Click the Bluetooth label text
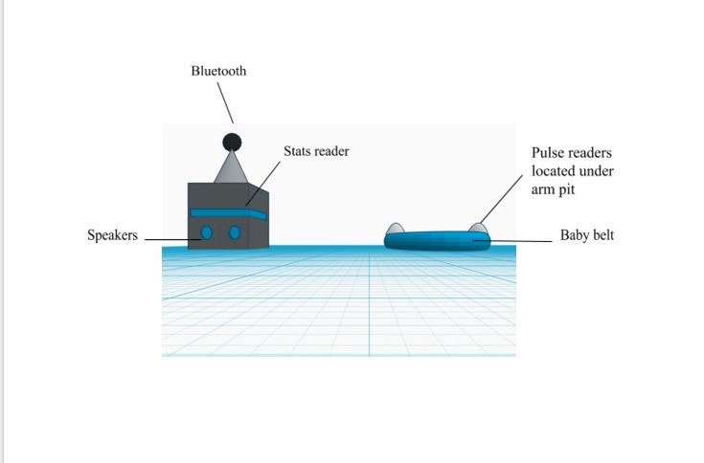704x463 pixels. click(x=218, y=71)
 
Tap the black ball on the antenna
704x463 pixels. click(x=232, y=143)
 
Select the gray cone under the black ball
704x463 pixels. click(x=231, y=167)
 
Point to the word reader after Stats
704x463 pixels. click(x=330, y=151)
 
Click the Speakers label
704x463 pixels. click(x=112, y=235)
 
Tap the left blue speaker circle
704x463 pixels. click(x=206, y=232)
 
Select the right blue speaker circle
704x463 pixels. click(x=235, y=232)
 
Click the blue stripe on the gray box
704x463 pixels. click(x=229, y=213)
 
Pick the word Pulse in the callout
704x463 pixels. click(x=545, y=153)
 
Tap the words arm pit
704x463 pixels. click(x=554, y=189)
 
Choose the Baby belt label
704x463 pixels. click(x=587, y=235)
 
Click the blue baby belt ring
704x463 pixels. click(x=437, y=241)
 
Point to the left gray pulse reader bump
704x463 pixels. click(x=395, y=228)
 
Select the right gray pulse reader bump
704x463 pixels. click(x=478, y=228)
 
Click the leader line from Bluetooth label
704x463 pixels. click(x=225, y=102)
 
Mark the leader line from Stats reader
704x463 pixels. click(x=262, y=184)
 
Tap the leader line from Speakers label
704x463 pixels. click(x=172, y=239)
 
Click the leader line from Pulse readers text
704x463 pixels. click(x=501, y=199)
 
